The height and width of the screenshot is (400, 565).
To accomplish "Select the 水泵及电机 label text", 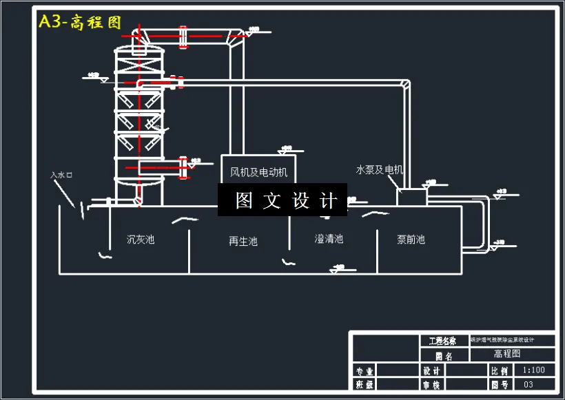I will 380,169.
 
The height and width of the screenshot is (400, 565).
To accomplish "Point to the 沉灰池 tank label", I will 141,240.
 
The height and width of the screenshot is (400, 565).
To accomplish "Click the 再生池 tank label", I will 243,241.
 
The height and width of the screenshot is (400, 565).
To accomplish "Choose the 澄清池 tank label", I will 329,239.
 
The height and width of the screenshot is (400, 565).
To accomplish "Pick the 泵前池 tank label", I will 411,240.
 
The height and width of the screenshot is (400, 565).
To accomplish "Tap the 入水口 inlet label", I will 62,175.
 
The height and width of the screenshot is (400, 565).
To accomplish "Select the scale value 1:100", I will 534,370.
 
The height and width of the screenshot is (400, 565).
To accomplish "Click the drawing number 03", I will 528,384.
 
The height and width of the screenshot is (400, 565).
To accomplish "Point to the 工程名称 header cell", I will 442,341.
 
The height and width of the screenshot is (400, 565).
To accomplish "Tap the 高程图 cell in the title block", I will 507,354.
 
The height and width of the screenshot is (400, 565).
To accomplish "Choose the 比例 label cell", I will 500,370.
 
